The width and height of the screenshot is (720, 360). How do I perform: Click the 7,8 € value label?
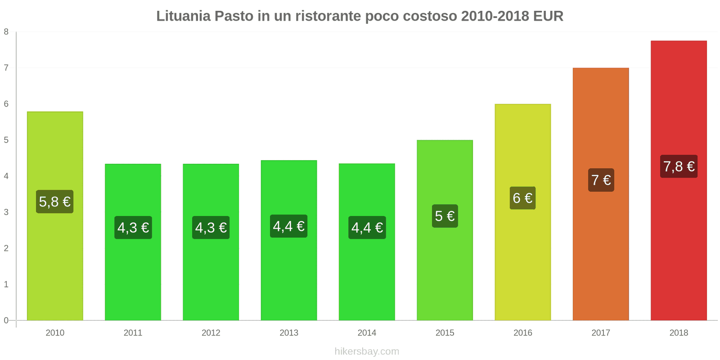[x=679, y=166]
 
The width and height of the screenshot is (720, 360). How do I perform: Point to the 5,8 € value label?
[x=55, y=202]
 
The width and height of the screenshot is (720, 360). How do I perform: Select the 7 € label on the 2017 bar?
[x=601, y=180]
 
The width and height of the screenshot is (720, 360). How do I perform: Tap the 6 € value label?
[x=522, y=198]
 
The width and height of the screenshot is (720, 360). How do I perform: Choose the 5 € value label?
[x=445, y=216]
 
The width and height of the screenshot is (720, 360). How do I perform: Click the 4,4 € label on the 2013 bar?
[x=289, y=226]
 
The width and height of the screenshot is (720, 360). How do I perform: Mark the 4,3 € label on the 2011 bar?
[x=133, y=228]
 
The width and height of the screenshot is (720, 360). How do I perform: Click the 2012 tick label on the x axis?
[x=211, y=333]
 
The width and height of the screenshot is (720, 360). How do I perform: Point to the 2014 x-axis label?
[x=367, y=333]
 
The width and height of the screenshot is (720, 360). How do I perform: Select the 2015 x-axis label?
[x=445, y=333]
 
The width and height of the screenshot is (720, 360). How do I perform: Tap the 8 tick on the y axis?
[x=6, y=32]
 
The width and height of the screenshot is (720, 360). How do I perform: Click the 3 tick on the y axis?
[x=6, y=212]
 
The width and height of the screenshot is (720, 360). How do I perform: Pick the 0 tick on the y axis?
[x=6, y=320]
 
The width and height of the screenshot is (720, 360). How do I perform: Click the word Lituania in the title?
[x=183, y=16]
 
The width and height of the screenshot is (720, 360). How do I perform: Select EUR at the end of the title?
[x=548, y=16]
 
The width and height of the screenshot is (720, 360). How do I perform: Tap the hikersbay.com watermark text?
[x=367, y=351]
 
